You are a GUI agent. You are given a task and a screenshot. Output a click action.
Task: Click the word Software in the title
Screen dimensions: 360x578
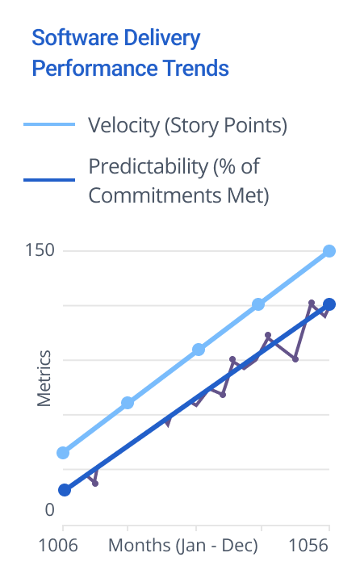coord(75,37)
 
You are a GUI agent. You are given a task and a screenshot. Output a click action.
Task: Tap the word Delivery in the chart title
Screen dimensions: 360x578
coord(161,39)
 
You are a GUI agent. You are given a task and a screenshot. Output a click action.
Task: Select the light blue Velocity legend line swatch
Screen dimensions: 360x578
coord(49,124)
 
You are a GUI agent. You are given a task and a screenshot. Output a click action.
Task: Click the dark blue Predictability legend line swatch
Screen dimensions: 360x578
coord(49,180)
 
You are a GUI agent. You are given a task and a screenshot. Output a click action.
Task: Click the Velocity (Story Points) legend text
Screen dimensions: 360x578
coord(187,126)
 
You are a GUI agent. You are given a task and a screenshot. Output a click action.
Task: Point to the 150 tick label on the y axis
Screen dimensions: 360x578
coord(40,250)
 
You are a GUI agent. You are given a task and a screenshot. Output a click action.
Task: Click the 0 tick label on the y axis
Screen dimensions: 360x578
coord(49,510)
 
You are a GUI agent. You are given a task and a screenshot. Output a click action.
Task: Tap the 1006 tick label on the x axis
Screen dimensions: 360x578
coord(58,545)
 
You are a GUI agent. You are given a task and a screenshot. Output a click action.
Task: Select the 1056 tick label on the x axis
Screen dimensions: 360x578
coord(308,545)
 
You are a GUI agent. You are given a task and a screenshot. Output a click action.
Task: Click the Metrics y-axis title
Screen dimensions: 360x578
coord(44,379)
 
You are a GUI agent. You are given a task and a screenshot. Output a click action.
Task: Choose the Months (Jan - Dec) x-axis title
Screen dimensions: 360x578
coord(182,546)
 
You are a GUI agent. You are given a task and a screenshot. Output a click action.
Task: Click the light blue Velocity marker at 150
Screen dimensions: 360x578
coord(329,251)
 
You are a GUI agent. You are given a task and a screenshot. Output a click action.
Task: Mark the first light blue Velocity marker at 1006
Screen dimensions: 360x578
coord(63,453)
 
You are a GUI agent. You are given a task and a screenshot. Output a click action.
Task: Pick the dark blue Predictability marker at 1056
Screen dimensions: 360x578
coord(329,304)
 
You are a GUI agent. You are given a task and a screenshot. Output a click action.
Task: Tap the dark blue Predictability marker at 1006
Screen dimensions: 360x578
coord(65,490)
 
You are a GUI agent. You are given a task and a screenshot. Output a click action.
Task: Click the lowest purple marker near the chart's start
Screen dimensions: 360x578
coord(95,484)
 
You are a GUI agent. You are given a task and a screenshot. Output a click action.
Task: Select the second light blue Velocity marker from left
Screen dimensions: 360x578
coord(128,403)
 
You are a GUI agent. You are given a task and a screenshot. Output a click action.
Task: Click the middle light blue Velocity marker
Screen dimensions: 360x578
coord(199,350)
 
